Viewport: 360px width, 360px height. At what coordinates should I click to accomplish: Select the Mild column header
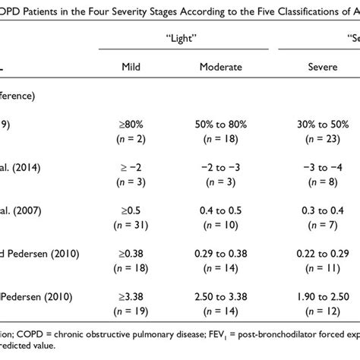click(x=131, y=67)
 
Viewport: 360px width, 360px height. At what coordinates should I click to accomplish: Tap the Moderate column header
click(x=220, y=67)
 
